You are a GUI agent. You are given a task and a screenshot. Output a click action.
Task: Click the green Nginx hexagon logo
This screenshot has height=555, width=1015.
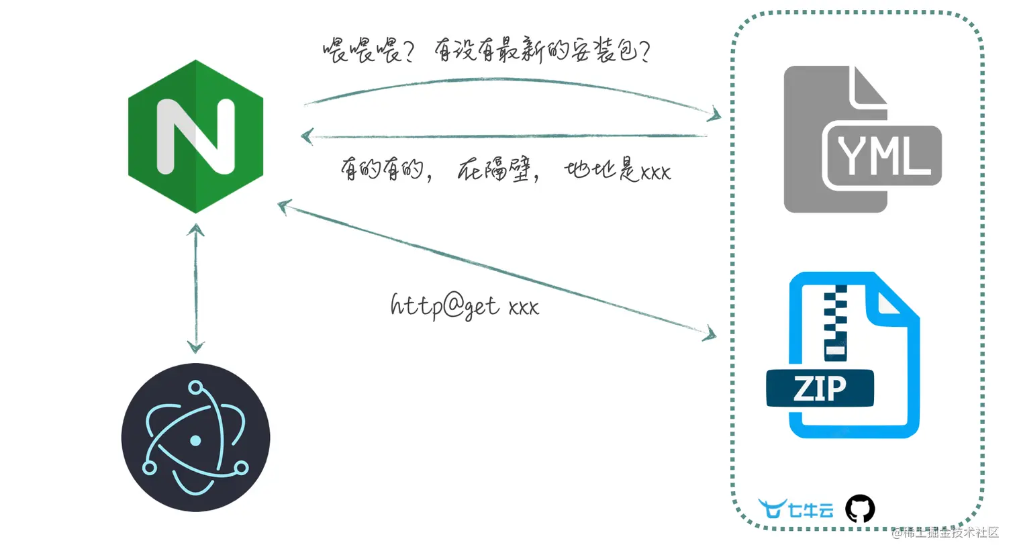click(195, 136)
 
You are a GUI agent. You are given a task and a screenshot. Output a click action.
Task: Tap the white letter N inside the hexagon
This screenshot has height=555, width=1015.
click(195, 136)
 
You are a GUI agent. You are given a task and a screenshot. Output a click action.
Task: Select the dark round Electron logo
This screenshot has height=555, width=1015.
click(195, 438)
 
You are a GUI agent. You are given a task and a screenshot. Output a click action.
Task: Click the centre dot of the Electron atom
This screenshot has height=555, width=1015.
click(195, 441)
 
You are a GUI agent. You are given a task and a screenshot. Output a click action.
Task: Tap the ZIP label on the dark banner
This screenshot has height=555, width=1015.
click(820, 389)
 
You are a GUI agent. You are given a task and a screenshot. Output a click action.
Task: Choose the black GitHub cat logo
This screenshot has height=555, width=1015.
click(860, 509)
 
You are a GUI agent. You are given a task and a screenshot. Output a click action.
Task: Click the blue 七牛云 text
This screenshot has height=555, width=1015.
click(811, 510)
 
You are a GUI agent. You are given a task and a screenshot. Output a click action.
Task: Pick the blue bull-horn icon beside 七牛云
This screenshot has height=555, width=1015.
click(772, 509)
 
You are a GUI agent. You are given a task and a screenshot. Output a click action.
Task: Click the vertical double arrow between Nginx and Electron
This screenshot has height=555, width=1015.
click(195, 289)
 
